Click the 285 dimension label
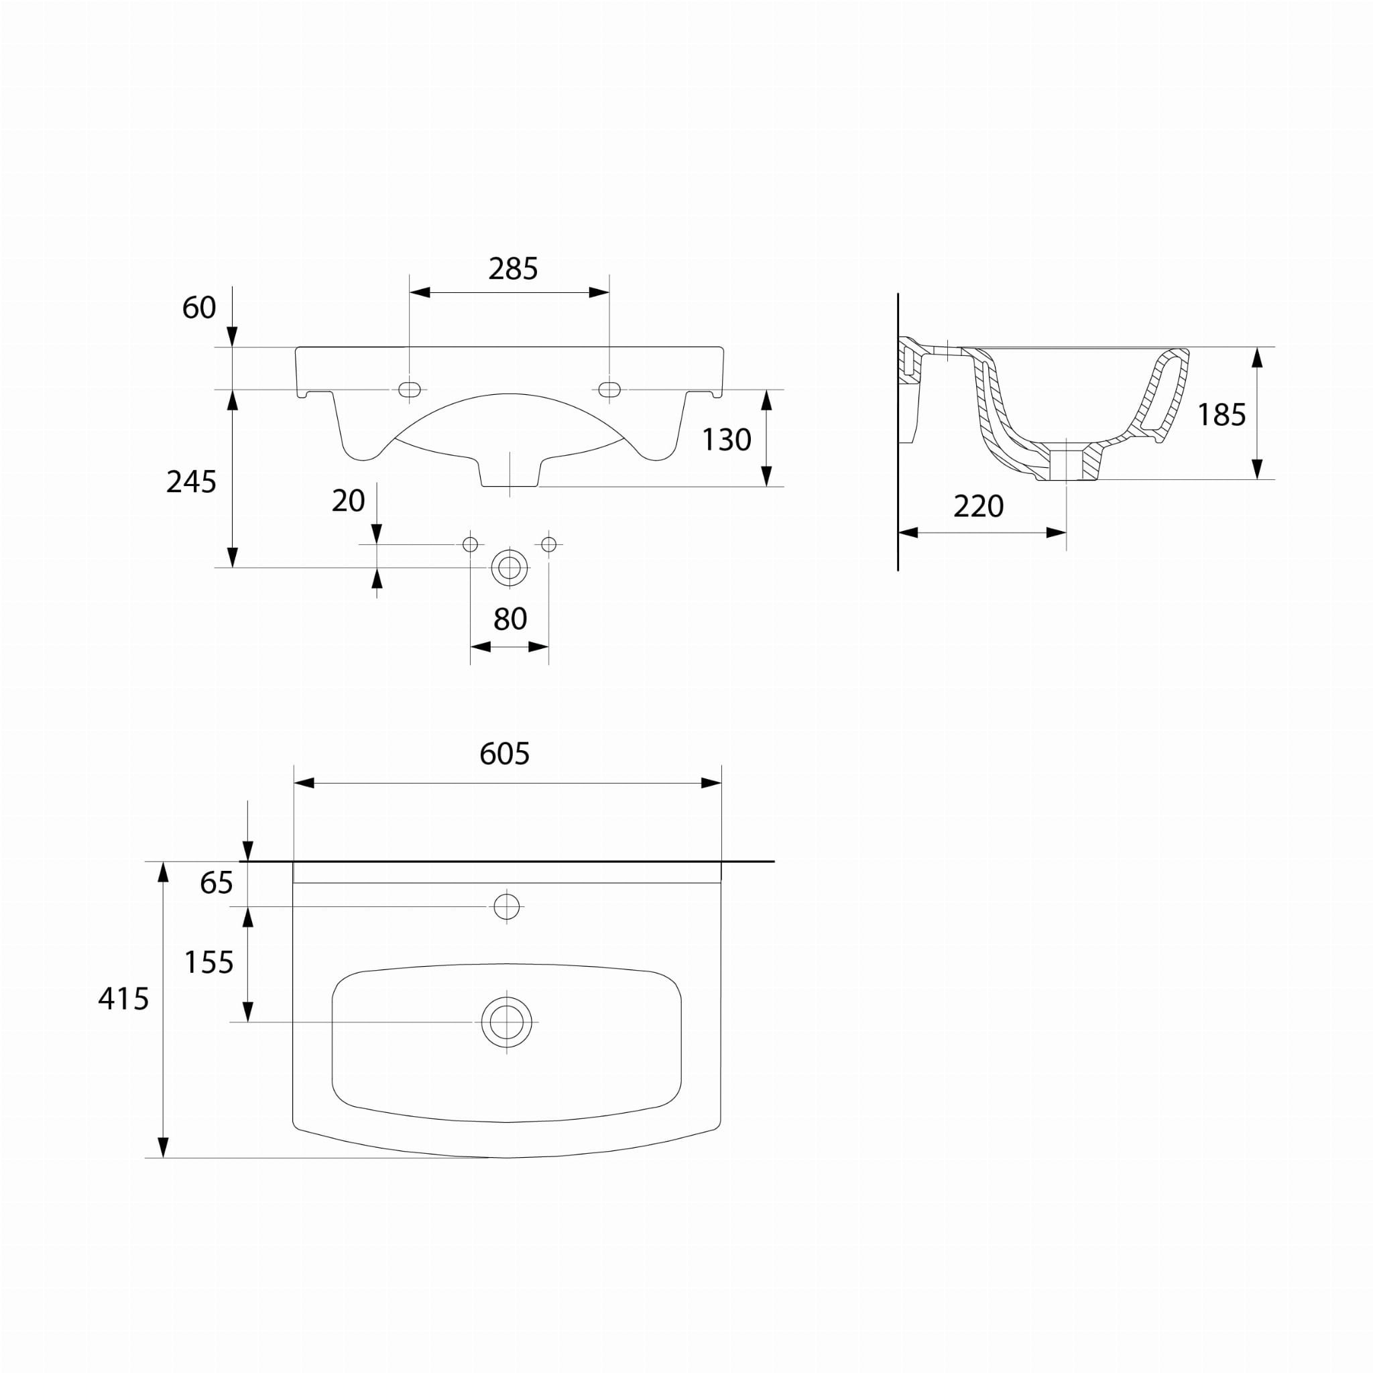point(512,269)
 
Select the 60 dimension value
point(199,308)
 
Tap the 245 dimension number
point(191,482)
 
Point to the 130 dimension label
point(726,440)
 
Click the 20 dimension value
point(348,501)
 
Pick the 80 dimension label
point(510,619)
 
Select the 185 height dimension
point(1221,415)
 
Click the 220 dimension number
point(979,506)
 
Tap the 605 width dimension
point(505,754)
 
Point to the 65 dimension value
point(217,883)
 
